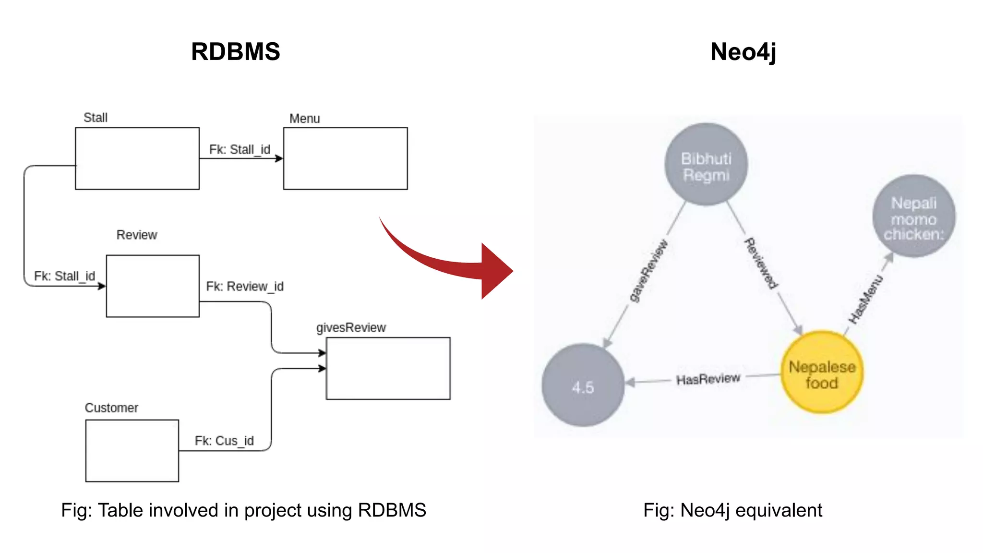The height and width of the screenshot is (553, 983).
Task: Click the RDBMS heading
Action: pyautogui.click(x=235, y=51)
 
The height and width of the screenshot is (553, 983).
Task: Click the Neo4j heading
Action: pyautogui.click(x=743, y=52)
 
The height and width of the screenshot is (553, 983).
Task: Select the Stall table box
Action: pyautogui.click(x=137, y=158)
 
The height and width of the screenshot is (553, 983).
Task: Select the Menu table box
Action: pyautogui.click(x=345, y=158)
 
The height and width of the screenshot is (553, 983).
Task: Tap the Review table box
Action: pyautogui.click(x=153, y=286)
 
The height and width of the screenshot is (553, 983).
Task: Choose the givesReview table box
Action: pyautogui.click(x=388, y=368)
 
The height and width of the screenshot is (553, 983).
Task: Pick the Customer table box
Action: pyautogui.click(x=132, y=451)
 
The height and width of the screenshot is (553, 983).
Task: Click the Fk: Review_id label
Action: pyautogui.click(x=245, y=287)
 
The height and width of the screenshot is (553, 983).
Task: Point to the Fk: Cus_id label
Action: pyautogui.click(x=224, y=441)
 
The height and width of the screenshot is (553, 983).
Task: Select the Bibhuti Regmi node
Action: pyautogui.click(x=706, y=165)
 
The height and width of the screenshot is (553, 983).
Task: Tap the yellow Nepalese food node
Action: pyautogui.click(x=822, y=373)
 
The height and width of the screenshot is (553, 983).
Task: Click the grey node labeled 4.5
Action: pyautogui.click(x=583, y=385)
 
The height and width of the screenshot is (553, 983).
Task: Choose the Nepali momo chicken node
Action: pyautogui.click(x=913, y=216)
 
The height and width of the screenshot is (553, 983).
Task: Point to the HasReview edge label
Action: pyautogui.click(x=708, y=379)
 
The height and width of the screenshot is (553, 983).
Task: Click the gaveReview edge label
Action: pyautogui.click(x=648, y=271)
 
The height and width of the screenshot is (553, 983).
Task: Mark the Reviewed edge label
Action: pyautogui.click(x=761, y=264)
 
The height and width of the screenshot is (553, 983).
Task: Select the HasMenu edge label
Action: pyautogui.click(x=865, y=299)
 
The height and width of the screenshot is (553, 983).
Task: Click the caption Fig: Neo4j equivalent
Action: pyautogui.click(x=732, y=510)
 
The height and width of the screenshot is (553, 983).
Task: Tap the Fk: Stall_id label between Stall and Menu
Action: pyautogui.click(x=240, y=150)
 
